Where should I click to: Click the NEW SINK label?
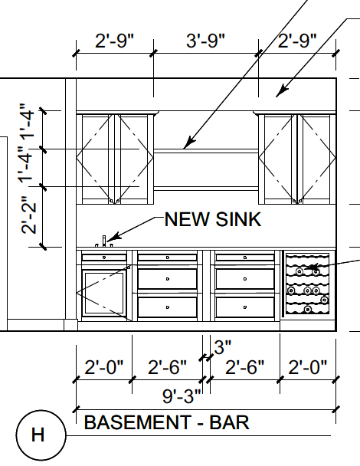click(x=213, y=219)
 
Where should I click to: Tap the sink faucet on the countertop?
click(x=104, y=241)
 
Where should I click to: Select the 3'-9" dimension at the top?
click(x=205, y=41)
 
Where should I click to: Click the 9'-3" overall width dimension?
click(x=182, y=395)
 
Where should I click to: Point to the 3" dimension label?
click(x=222, y=347)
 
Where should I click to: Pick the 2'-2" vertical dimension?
click(x=29, y=215)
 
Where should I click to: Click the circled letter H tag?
click(x=41, y=435)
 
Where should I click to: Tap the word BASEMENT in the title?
click(x=138, y=422)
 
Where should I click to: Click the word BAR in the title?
click(x=229, y=422)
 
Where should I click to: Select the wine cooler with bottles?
click(x=307, y=284)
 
